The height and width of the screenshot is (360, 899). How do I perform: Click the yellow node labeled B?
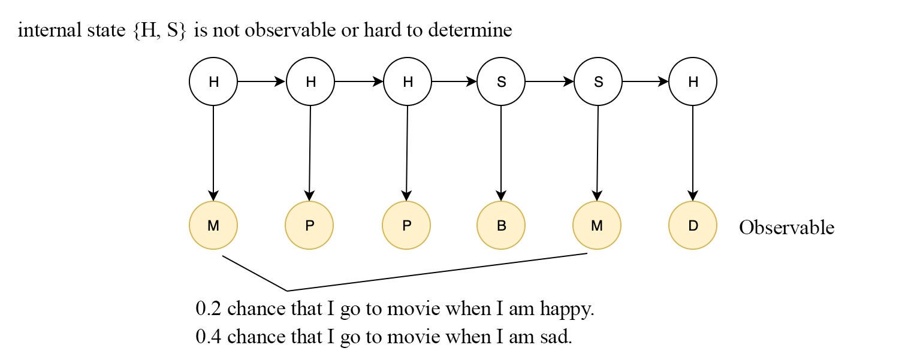(501, 225)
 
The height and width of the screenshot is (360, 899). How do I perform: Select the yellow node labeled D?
(693, 225)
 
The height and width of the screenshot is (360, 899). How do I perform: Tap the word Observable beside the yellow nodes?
(786, 228)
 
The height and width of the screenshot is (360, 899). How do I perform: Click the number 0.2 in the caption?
(208, 308)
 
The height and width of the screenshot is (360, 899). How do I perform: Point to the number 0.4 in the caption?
(208, 336)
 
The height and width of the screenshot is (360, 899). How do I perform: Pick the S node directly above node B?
(501, 81)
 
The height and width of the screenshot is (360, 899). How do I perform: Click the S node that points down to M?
(598, 81)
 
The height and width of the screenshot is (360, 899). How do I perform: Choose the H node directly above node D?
(693, 81)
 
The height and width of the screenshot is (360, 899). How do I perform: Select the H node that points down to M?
(213, 81)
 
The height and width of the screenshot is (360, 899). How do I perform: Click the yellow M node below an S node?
(597, 225)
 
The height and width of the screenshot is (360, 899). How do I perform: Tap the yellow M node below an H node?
(213, 225)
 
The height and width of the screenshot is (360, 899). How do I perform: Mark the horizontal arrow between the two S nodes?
(550, 81)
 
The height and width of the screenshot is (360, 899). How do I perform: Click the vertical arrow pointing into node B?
(501, 153)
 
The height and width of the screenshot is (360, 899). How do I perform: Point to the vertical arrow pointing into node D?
(693, 153)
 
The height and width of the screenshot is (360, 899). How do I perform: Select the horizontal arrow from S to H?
(645, 81)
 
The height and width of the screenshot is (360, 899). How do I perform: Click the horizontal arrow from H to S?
(454, 81)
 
